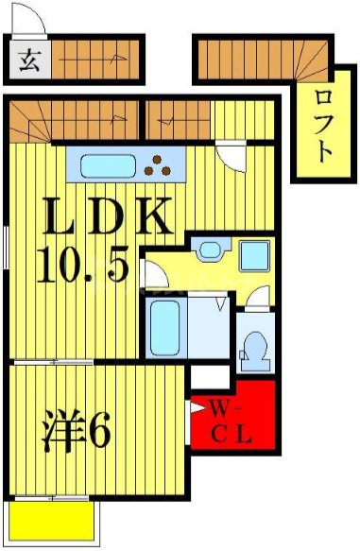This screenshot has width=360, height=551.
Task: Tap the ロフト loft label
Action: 322,123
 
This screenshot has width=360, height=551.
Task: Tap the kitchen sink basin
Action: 111,166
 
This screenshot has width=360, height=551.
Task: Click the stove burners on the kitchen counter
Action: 164,165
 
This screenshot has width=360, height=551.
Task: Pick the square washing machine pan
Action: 253,256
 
